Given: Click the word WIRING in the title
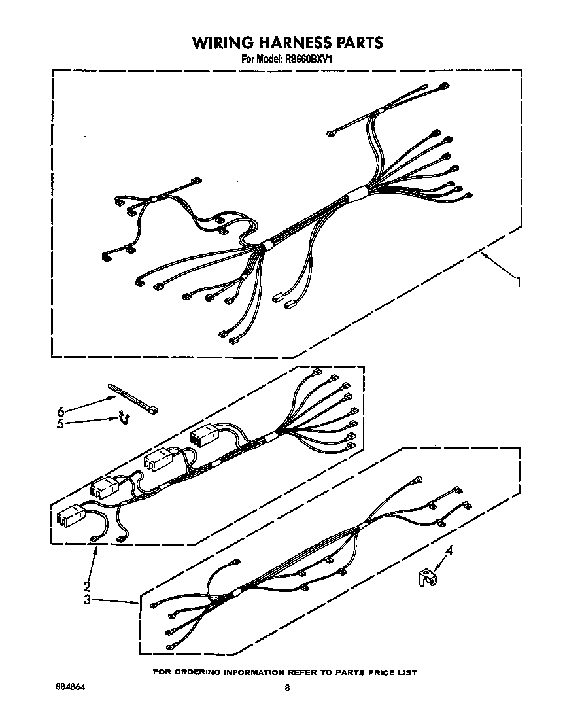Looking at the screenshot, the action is point(223,43).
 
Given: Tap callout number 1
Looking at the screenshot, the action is point(517,282).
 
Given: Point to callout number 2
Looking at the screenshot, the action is point(86,587).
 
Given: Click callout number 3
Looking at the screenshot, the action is point(87,600).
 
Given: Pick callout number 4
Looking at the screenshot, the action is point(449,551).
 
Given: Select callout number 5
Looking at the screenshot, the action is point(60,425).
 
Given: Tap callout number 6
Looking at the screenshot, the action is point(60,412).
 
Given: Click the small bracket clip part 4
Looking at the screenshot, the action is point(427,578).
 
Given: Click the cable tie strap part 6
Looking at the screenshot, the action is point(133,398).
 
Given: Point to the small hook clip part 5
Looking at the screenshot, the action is point(124,418).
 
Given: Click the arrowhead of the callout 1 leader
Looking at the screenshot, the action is point(482,255).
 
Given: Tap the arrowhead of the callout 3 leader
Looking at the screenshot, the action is point(136,604).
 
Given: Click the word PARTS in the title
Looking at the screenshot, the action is point(360,43).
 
